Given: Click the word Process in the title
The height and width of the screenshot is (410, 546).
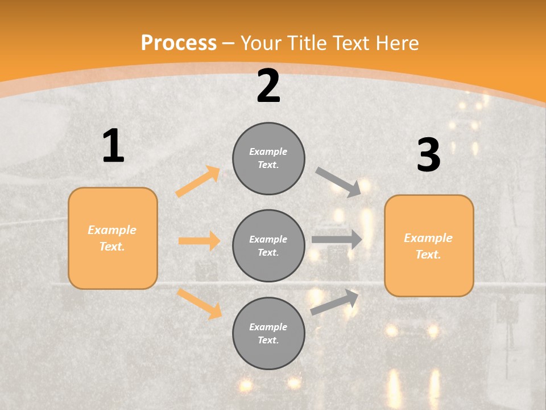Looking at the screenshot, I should [179, 43].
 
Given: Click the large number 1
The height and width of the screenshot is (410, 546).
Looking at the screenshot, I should [113, 146].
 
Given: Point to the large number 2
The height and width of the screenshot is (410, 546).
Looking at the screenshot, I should [268, 86].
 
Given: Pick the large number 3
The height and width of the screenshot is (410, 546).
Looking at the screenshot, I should [428, 155].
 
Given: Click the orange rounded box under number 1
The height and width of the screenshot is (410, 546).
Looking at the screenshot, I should [113, 238].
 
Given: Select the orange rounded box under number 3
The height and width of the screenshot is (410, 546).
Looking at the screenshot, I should [429, 246].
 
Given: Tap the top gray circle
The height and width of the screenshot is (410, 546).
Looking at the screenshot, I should [268, 158].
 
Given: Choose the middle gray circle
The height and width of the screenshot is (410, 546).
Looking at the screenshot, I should [268, 246].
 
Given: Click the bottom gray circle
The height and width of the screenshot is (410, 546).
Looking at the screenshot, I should [268, 334].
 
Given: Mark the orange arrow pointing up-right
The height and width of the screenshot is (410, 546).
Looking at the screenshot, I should [198, 181].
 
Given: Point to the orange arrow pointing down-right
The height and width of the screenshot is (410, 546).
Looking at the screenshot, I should [199, 304].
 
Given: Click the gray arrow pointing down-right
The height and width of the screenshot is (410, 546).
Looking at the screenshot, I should [338, 182].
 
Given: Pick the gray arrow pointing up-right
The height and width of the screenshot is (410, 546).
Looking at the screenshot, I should [335, 302].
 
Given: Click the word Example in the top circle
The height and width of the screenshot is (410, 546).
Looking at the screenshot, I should [268, 152].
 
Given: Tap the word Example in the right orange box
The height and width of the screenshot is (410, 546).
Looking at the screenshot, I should [428, 238].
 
